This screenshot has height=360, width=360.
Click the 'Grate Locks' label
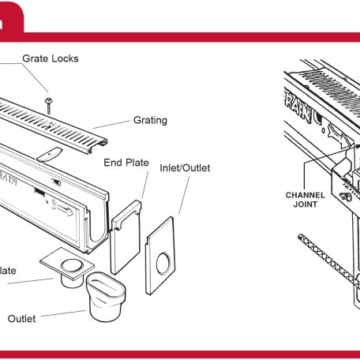pos(51,58)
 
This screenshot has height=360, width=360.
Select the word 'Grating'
pos(149,121)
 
